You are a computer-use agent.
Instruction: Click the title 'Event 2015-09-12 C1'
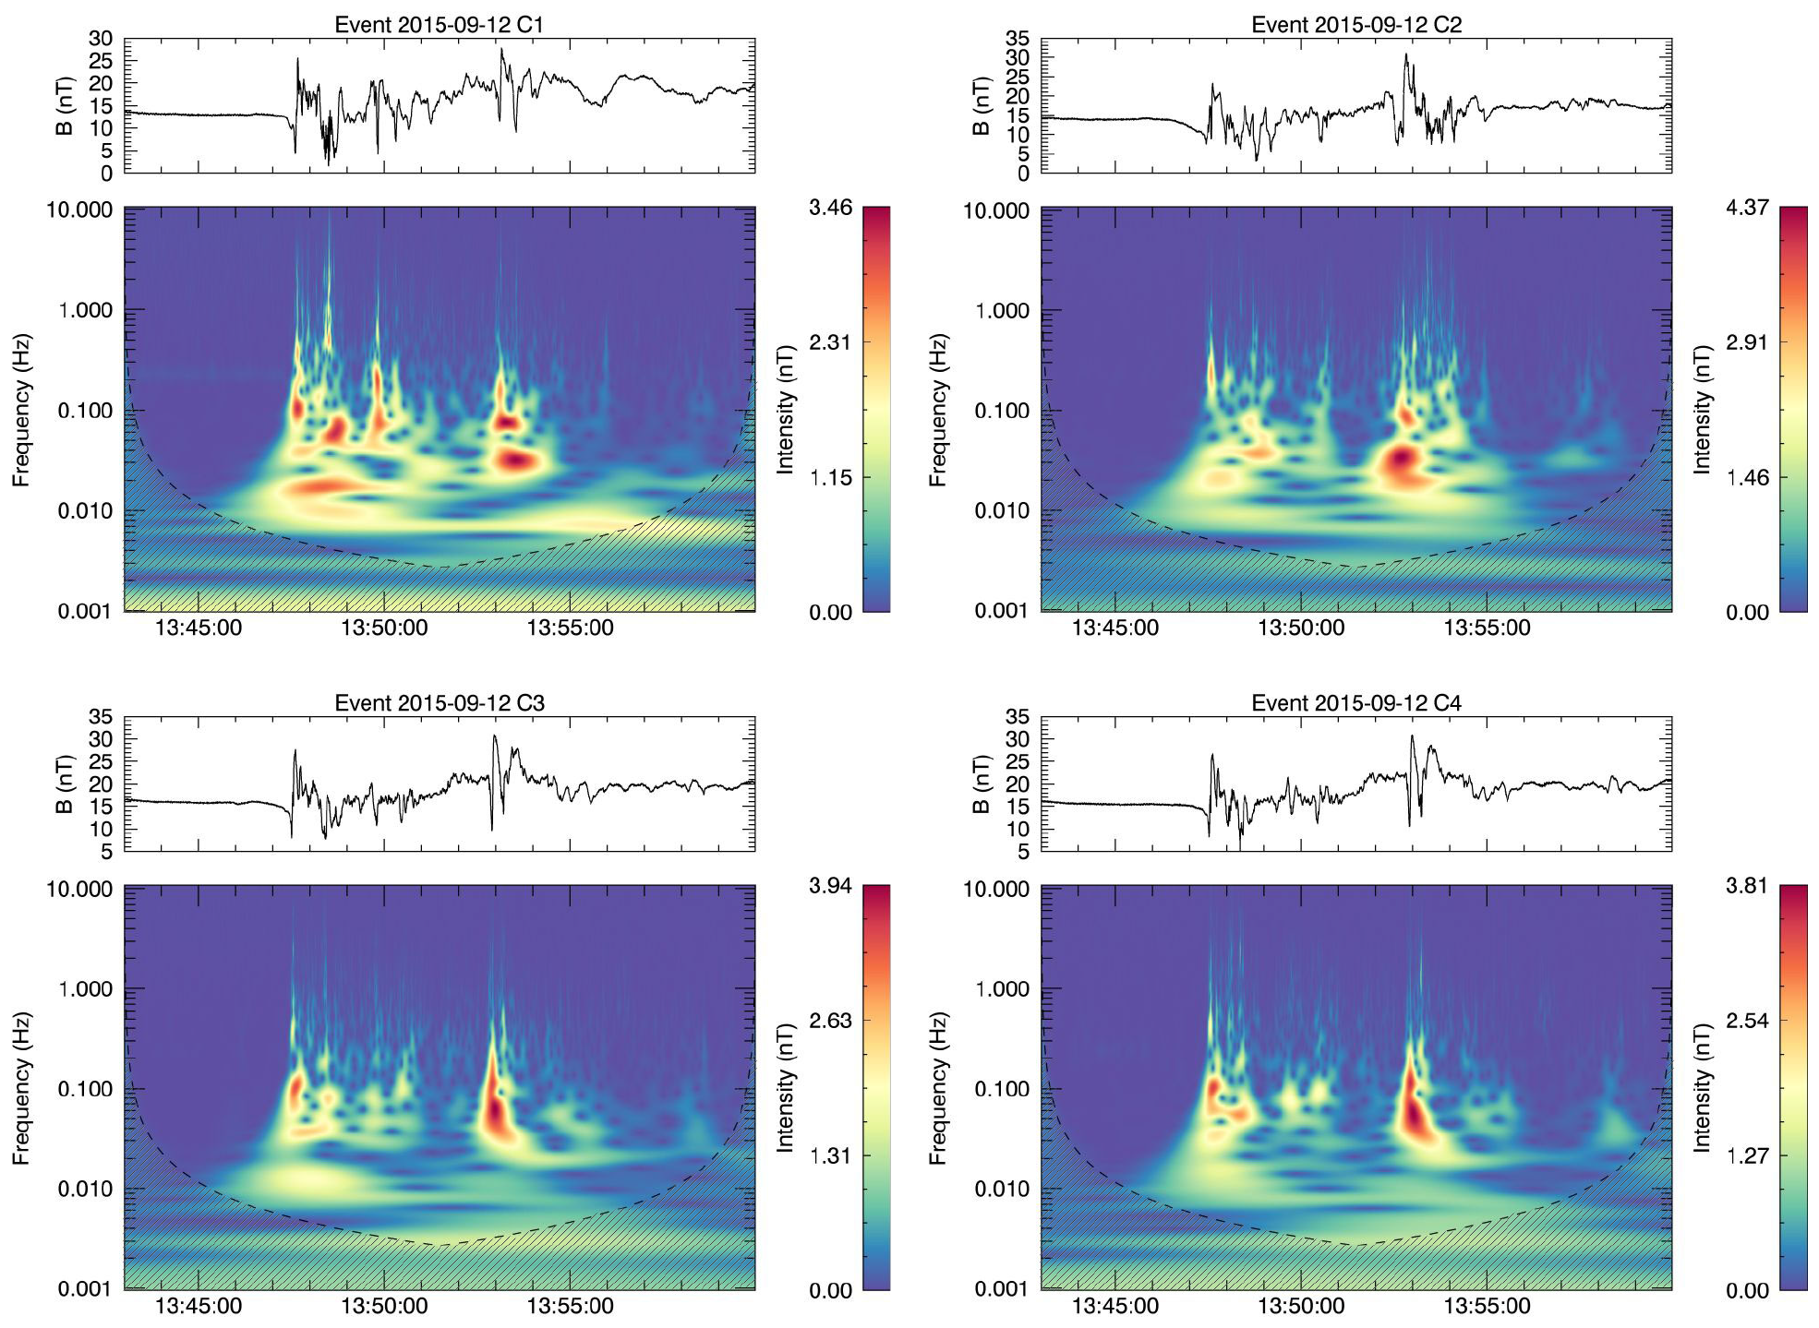coord(439,25)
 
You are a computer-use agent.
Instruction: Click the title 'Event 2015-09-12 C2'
coord(1356,25)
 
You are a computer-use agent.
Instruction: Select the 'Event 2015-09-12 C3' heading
coord(439,703)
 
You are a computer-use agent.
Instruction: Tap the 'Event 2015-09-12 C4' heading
coord(1356,703)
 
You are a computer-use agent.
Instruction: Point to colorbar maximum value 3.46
coord(830,208)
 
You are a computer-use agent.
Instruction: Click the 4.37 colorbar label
coord(1747,208)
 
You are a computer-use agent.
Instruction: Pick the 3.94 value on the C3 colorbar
coord(830,886)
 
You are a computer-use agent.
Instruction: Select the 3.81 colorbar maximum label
coord(1747,886)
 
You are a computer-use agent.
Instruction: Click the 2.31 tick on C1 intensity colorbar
coord(830,342)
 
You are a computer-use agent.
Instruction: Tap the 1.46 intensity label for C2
coord(1747,478)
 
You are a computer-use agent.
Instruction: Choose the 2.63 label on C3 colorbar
coord(830,1021)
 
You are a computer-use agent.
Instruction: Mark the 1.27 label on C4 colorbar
coord(1747,1156)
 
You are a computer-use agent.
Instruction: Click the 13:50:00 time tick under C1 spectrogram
coord(384,628)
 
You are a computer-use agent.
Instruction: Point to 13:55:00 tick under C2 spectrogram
coord(1487,628)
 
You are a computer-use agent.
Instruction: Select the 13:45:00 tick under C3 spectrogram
coord(199,1307)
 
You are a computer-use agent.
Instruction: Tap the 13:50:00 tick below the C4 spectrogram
coord(1301,1307)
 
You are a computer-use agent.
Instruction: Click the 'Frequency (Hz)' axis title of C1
coord(21,410)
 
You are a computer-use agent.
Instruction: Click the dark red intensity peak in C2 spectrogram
coord(1402,456)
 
